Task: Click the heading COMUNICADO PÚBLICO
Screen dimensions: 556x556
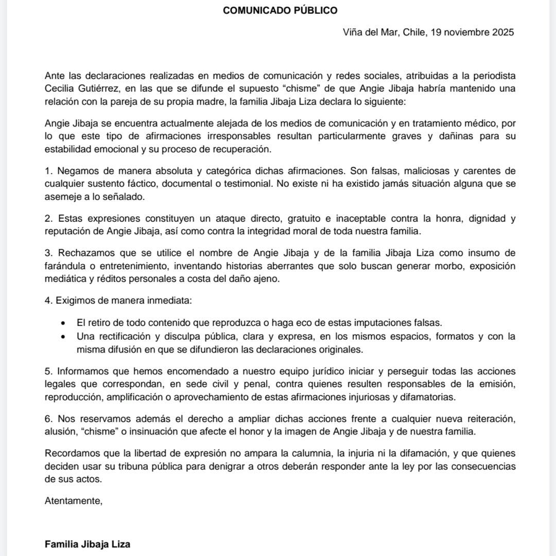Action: coord(280,10)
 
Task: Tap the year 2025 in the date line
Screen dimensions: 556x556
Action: coord(499,32)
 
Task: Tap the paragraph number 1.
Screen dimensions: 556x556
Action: coord(48,171)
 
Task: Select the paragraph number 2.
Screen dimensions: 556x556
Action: coord(48,219)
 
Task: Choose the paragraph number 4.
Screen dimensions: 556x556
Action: coord(48,301)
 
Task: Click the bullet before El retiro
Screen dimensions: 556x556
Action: coord(63,324)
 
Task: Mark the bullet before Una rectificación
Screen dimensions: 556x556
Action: coord(63,337)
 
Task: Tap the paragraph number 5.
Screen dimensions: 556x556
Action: coord(48,371)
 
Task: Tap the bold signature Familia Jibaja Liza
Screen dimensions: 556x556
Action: coord(88,544)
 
